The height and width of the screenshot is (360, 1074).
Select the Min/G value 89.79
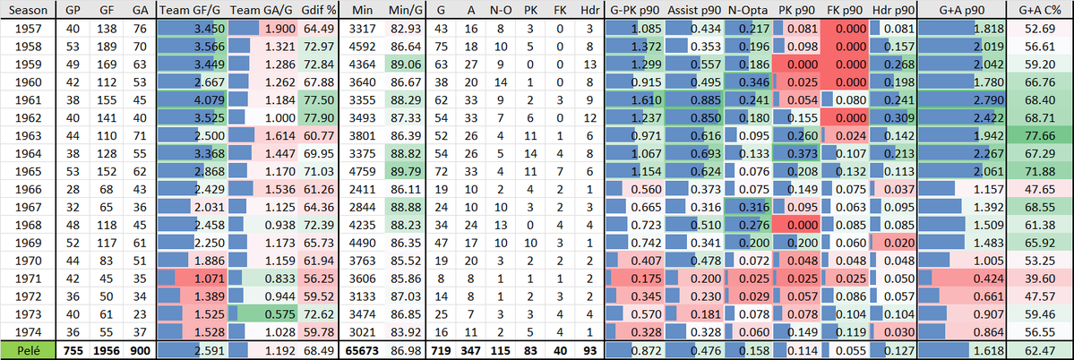(x=403, y=167)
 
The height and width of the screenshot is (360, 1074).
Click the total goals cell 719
(x=442, y=350)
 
